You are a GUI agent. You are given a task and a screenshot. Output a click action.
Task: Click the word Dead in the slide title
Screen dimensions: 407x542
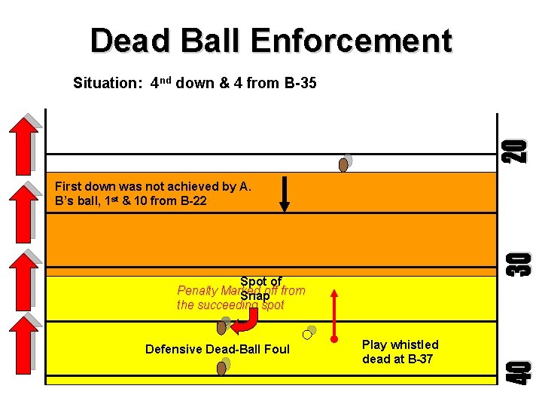click(x=127, y=41)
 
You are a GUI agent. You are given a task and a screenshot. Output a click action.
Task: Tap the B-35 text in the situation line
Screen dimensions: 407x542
click(x=299, y=83)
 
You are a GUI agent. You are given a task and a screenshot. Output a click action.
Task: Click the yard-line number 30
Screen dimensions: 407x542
click(x=518, y=262)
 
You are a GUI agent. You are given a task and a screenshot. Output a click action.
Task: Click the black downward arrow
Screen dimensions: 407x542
click(x=285, y=194)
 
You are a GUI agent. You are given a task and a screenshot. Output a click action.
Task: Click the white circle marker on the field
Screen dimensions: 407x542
click(x=307, y=334)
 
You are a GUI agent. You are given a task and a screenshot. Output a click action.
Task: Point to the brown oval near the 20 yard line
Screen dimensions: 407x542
click(x=343, y=164)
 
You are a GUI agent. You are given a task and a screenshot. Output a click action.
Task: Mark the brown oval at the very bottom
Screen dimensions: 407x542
click(x=221, y=369)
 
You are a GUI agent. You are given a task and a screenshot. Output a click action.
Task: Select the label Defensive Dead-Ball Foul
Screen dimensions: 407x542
click(x=217, y=349)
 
